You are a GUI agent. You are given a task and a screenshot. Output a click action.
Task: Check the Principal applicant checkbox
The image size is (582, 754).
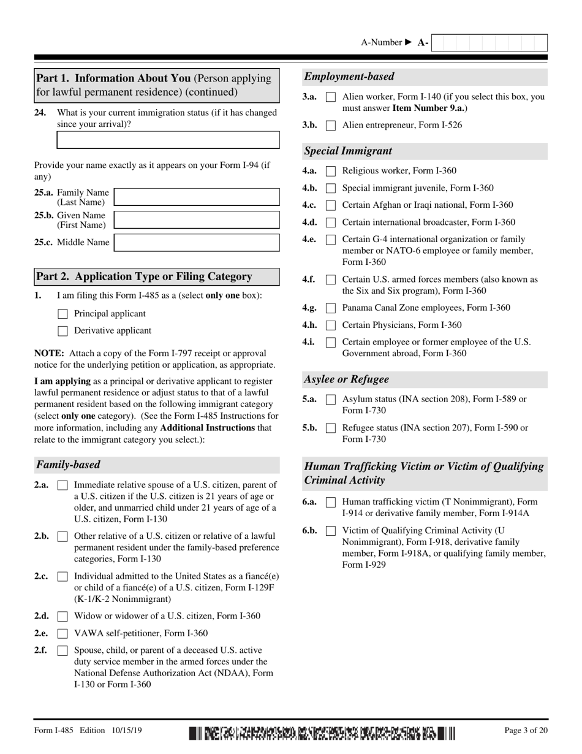[x=62, y=314]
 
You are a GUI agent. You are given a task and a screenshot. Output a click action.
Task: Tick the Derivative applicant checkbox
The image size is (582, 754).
[x=62, y=331]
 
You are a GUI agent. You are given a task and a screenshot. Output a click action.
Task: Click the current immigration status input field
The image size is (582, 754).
[x=168, y=139]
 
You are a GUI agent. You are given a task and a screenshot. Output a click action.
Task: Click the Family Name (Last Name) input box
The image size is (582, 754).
[x=197, y=197]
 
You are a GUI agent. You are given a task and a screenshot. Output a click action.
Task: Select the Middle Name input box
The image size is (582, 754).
[x=197, y=243]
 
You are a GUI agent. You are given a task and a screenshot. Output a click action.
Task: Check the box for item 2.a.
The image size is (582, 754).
[x=62, y=485]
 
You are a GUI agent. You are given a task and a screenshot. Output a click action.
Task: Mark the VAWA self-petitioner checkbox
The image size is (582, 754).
[x=62, y=633]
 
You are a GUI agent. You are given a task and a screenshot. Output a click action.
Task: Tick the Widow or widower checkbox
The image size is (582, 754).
[x=62, y=616]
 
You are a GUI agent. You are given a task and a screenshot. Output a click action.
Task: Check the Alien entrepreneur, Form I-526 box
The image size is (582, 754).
[x=331, y=126]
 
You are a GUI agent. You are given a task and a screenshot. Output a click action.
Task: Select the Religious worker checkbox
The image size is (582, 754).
[x=331, y=171]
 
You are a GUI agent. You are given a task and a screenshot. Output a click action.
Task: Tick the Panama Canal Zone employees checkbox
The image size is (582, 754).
[x=331, y=308]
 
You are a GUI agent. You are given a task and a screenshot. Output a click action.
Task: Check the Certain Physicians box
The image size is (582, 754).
[x=331, y=326]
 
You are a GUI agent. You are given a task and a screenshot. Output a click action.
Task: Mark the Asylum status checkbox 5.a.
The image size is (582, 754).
[x=331, y=399]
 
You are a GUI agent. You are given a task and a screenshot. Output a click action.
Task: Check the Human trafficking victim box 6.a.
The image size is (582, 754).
[x=331, y=502]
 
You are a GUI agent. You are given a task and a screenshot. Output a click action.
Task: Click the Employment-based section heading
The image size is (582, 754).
[x=349, y=77]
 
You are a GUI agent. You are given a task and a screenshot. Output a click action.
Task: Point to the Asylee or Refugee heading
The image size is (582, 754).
[x=347, y=379]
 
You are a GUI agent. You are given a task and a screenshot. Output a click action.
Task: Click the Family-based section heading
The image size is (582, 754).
[x=68, y=465]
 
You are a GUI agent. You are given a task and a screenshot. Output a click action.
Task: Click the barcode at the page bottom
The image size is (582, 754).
[x=322, y=733]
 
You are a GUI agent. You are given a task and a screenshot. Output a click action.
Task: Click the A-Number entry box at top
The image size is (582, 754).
[x=489, y=43]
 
